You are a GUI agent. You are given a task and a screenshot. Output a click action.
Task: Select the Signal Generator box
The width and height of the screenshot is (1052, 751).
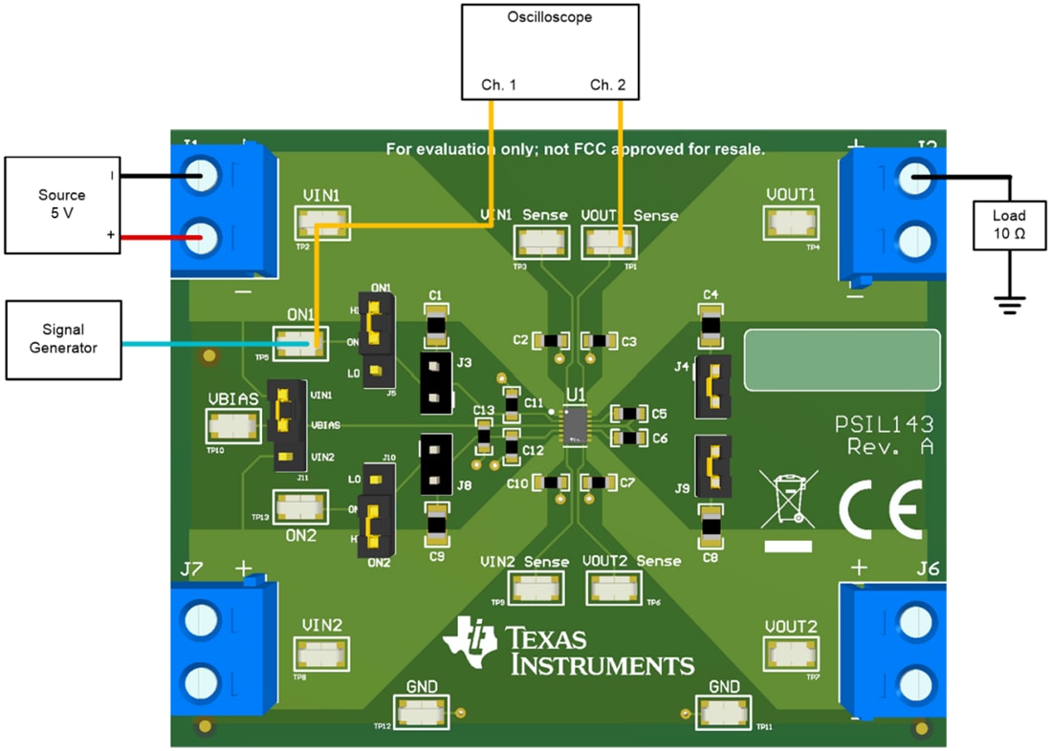pos(63,339)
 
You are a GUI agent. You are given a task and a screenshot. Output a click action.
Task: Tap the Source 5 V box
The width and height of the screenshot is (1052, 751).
pos(61,204)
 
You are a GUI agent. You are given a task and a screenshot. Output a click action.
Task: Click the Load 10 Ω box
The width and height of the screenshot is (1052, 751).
pos(1009,225)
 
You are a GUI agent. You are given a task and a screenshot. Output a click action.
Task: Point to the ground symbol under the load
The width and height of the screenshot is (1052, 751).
pos(1009,305)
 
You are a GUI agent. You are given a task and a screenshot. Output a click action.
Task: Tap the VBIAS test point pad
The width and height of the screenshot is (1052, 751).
pos(233,426)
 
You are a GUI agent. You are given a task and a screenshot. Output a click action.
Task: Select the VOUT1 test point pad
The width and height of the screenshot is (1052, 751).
pos(790,223)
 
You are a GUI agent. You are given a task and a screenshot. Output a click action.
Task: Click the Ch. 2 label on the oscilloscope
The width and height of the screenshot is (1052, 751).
pos(607,85)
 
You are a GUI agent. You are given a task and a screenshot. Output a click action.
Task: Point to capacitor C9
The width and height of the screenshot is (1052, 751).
pos(436,522)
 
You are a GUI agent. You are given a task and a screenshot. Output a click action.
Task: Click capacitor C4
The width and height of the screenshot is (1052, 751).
pos(711,325)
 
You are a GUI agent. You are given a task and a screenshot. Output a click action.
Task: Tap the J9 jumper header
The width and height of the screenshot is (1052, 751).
pos(712,466)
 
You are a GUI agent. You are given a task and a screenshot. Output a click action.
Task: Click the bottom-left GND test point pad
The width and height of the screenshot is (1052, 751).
pos(422,713)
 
